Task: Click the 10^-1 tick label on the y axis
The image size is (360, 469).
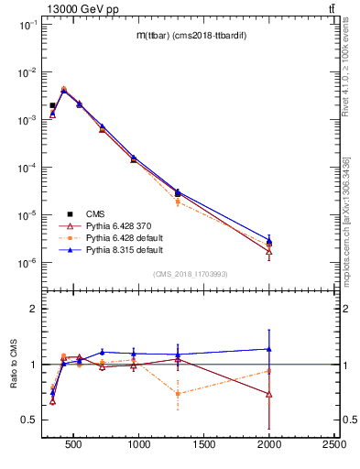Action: (x=27, y=26)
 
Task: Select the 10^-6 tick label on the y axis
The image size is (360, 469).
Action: (x=27, y=263)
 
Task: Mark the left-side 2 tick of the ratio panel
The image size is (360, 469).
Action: (x=33, y=309)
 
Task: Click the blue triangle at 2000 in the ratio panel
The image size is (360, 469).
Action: (x=269, y=349)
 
